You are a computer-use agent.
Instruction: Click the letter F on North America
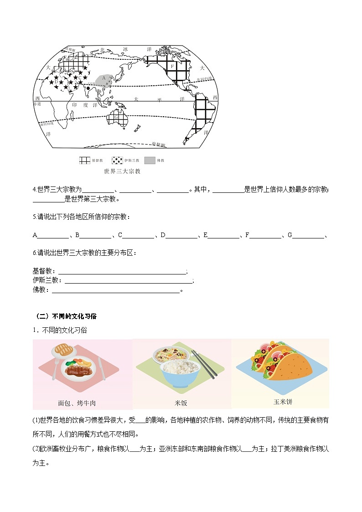coord(172,67)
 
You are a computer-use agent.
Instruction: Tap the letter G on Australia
coord(116,117)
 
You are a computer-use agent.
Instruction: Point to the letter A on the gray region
coord(104,78)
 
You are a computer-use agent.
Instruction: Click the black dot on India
coord(95,88)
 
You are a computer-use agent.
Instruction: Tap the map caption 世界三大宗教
coord(122,171)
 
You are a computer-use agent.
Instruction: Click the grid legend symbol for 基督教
coord(85,160)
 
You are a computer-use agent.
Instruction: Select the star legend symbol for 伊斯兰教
coord(117,160)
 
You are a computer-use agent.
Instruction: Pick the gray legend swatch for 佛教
coord(150,160)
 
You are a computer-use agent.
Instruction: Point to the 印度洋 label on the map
coord(84,105)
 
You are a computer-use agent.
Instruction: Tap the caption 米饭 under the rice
coord(181,403)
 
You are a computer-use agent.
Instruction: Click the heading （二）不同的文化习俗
coord(66,316)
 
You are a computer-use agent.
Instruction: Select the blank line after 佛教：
coord(116,290)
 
